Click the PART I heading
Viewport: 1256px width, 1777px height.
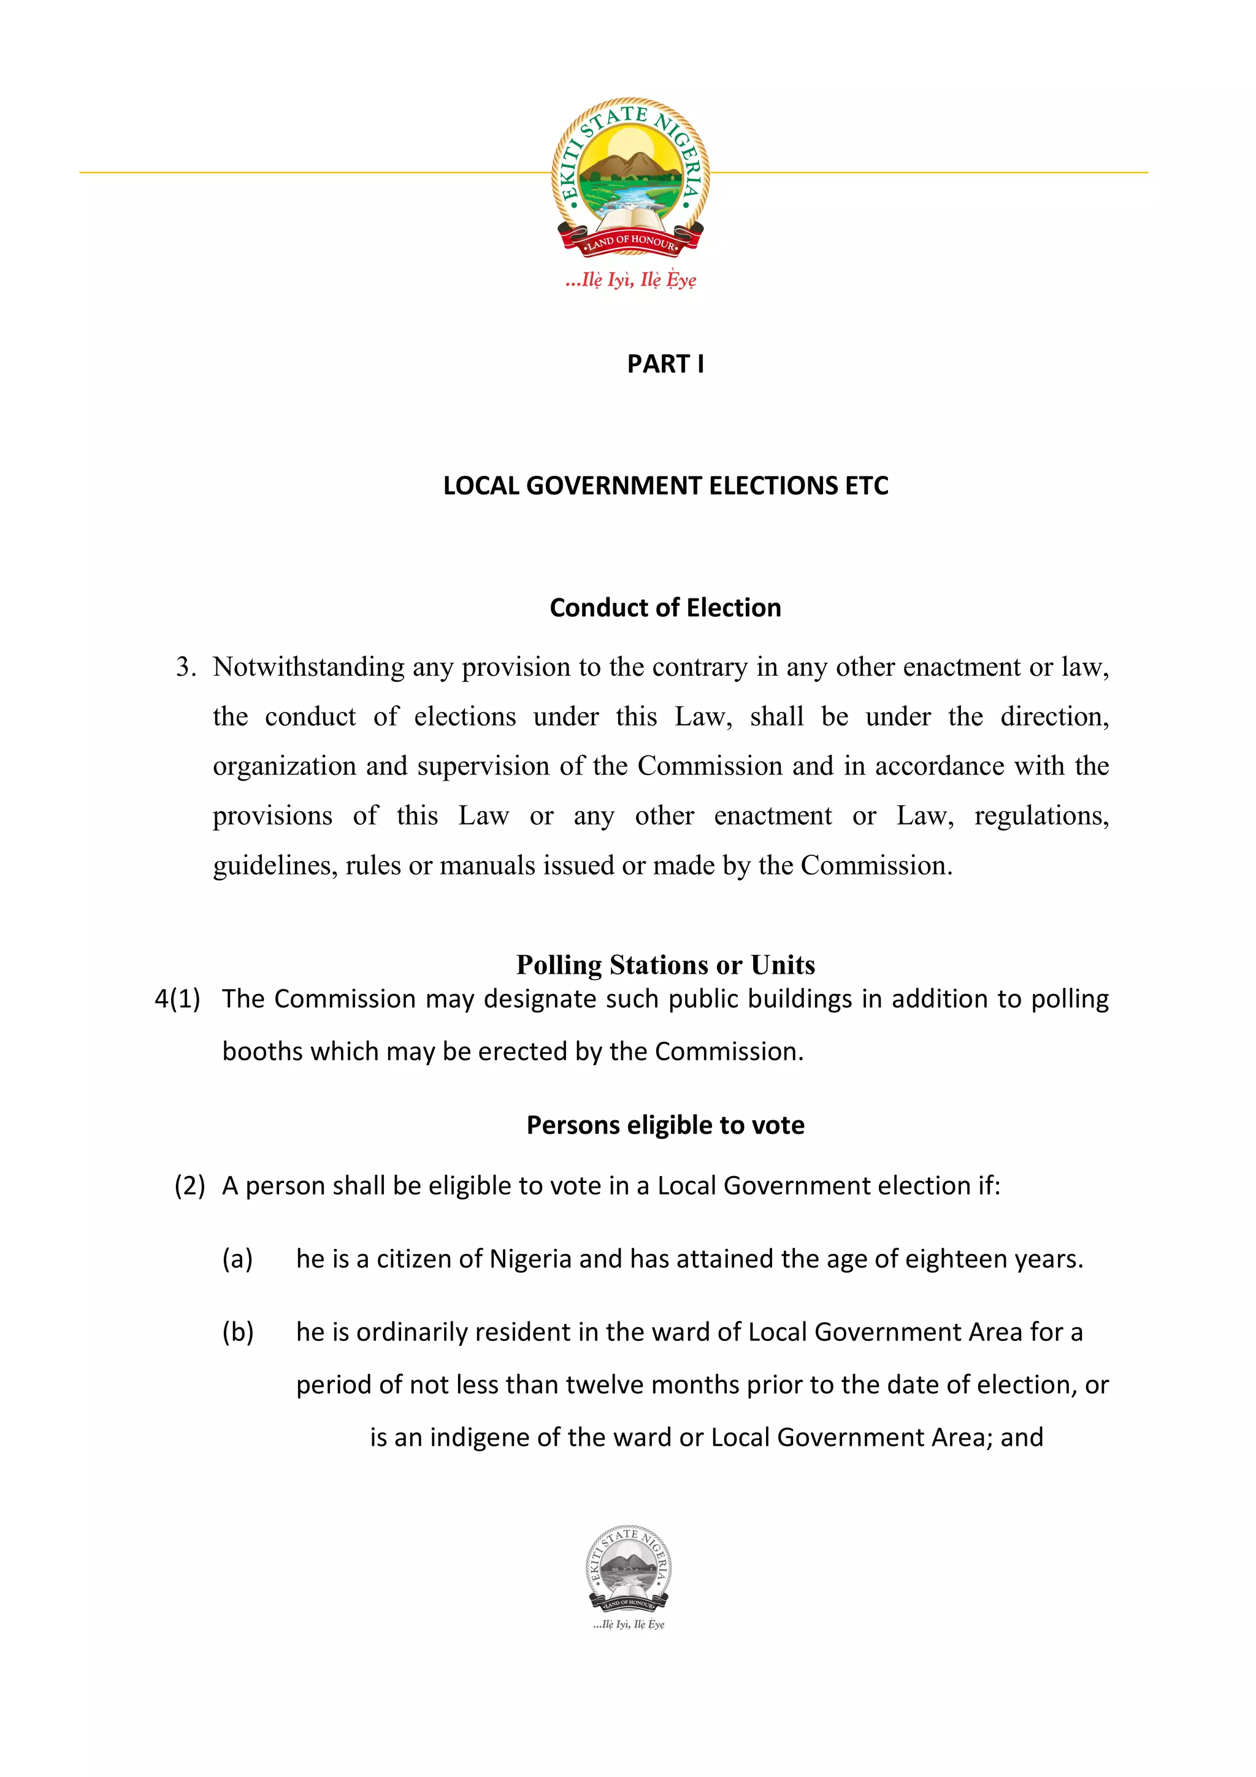(665, 364)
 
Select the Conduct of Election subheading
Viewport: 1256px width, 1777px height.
(665, 608)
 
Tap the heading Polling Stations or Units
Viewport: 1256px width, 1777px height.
(665, 965)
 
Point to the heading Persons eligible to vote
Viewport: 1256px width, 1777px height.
(665, 1125)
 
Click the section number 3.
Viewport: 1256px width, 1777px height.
(185, 667)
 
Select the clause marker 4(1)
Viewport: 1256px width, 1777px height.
(177, 999)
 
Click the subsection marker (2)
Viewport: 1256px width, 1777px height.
(190, 1186)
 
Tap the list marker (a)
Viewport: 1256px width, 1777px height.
(237, 1259)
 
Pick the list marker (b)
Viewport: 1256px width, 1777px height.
(237, 1332)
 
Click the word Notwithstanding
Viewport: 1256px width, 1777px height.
(308, 667)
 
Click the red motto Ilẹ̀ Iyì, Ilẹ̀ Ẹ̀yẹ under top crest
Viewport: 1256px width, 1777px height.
(630, 280)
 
